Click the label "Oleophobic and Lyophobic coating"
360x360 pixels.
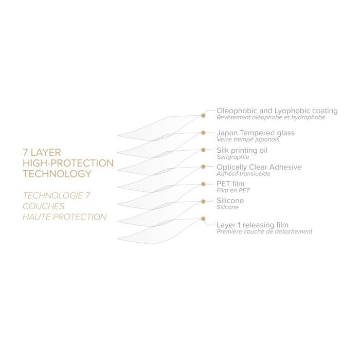pyautogui.click(x=276, y=111)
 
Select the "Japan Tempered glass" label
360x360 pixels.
pyautogui.click(x=256, y=133)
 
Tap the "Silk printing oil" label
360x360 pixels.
pyautogui.click(x=242, y=151)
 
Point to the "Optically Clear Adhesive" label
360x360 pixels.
pyautogui.click(x=259, y=168)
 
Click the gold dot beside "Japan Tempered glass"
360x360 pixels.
pyautogui.click(x=205, y=133)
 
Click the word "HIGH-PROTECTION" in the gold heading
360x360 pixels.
pyautogui.click(x=68, y=163)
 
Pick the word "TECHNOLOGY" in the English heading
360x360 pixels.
pyautogui.click(x=58, y=174)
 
